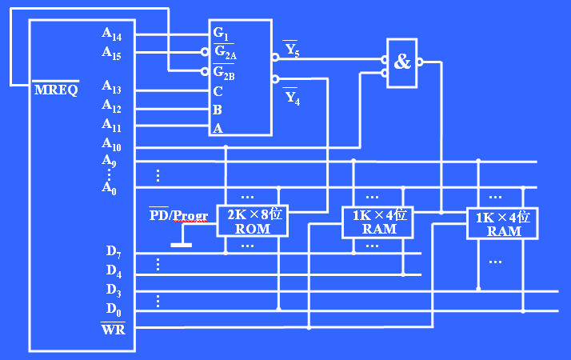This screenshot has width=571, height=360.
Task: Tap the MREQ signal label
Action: coord(56,89)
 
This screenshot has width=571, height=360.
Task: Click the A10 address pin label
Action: coord(111,144)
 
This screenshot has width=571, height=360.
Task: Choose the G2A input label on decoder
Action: coord(225,53)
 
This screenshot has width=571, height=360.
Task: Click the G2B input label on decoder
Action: coord(225,73)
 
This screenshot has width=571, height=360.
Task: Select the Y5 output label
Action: coord(291,50)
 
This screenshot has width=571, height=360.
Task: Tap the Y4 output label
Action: coord(292,98)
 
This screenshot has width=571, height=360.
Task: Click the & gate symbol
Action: coord(402,62)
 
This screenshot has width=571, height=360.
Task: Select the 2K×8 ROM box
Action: coord(252,221)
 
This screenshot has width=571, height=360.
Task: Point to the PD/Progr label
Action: coord(179,214)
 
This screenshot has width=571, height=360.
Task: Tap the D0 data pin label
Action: coord(114,308)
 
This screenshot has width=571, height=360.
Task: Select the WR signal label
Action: coord(112,328)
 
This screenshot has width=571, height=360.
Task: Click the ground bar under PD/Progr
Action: coord(182,244)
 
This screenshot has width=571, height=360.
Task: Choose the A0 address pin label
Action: coord(110,188)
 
